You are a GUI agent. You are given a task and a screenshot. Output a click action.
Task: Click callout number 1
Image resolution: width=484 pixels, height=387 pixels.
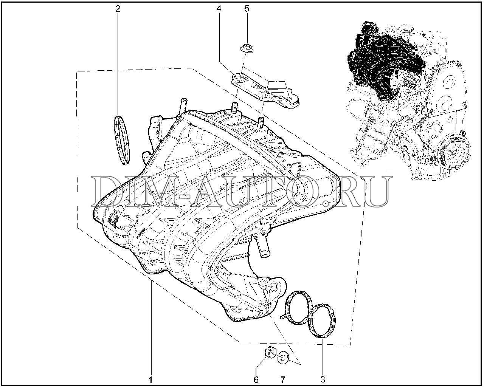[151, 379]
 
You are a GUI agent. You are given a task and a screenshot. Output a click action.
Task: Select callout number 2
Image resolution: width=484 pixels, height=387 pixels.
[118, 9]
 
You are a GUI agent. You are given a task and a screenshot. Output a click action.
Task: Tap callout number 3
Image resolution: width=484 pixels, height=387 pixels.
[323, 379]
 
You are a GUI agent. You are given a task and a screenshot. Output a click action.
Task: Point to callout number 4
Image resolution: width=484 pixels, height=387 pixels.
[219, 9]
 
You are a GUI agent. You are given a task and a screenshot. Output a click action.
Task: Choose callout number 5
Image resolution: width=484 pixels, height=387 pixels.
[247, 9]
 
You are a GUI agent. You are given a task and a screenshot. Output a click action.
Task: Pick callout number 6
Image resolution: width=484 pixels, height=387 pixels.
[256, 379]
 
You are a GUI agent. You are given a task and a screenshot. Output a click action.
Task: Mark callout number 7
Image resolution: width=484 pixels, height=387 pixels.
[283, 379]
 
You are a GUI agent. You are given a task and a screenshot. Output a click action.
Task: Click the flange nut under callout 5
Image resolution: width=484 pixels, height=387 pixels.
[247, 48]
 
